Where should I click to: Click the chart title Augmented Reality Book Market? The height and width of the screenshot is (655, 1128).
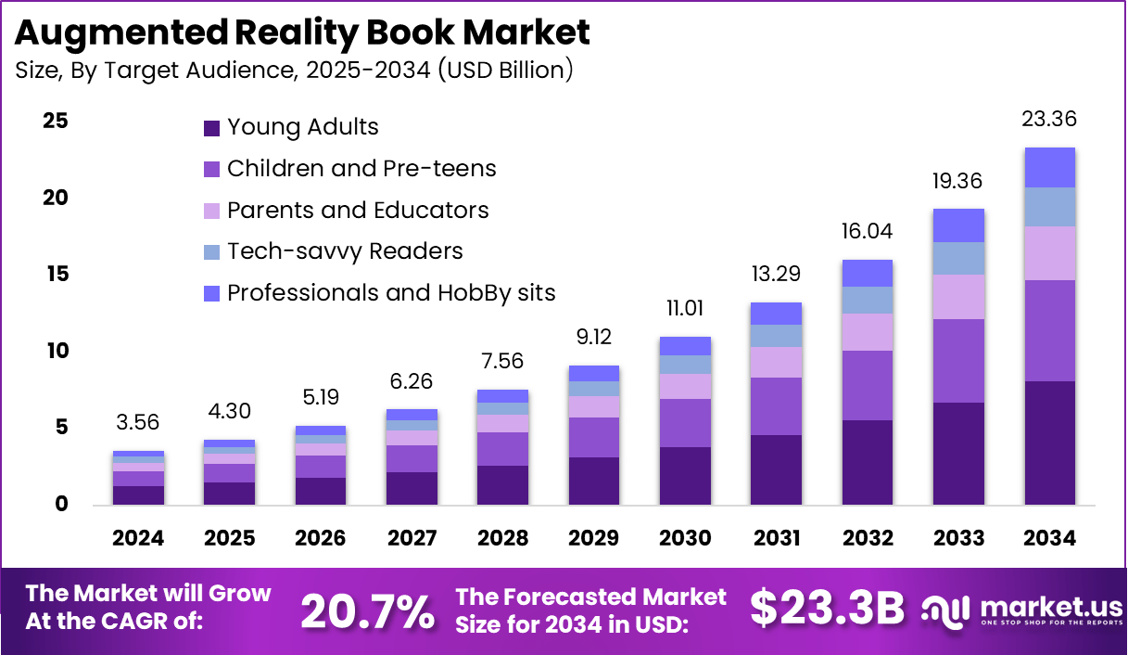pos(302,32)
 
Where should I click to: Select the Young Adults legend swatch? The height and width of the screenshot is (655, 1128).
pos(211,127)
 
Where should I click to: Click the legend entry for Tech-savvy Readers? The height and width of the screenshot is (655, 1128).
pos(345,251)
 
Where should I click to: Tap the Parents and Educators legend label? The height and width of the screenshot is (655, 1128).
pos(358,211)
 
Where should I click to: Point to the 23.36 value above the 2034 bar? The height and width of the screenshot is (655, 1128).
pos(1048,120)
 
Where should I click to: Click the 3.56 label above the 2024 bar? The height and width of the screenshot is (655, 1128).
pos(137,423)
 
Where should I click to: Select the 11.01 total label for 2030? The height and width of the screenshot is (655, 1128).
pos(685,308)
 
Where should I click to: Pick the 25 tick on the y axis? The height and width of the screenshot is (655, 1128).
pos(55,122)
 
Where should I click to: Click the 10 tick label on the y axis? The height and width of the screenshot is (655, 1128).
pos(55,351)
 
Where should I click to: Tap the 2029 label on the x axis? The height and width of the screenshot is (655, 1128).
pos(593,539)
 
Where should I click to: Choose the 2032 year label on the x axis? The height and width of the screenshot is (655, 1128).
pos(867,539)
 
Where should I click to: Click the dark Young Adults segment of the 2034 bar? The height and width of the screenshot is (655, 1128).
pos(1049,443)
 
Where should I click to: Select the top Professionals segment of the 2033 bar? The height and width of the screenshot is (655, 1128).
pos(958,225)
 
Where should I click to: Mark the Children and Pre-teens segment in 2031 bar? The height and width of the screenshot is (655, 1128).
pos(776,406)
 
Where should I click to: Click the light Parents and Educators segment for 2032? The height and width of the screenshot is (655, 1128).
pos(867,332)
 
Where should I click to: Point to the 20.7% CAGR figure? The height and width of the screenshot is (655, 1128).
pos(368,610)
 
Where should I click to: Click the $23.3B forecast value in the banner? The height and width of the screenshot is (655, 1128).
pos(826,609)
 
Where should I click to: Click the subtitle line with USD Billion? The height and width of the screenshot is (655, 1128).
pos(294,71)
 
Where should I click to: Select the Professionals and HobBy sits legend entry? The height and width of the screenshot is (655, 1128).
pos(391,293)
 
